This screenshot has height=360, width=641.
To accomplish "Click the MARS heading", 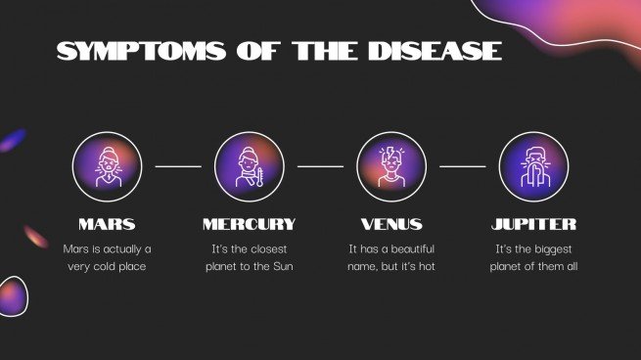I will (107, 224).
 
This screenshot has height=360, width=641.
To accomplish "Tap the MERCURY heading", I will (249, 224).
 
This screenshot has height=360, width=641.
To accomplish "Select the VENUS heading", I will (391, 224).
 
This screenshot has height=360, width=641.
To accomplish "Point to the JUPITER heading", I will (533, 224).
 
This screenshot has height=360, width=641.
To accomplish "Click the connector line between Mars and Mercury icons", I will (178, 167).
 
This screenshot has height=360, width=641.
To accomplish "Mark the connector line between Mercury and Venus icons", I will (320, 167).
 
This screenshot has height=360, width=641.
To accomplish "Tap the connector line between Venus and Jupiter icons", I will (462, 167).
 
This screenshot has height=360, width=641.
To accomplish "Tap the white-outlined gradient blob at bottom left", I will (12, 295).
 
